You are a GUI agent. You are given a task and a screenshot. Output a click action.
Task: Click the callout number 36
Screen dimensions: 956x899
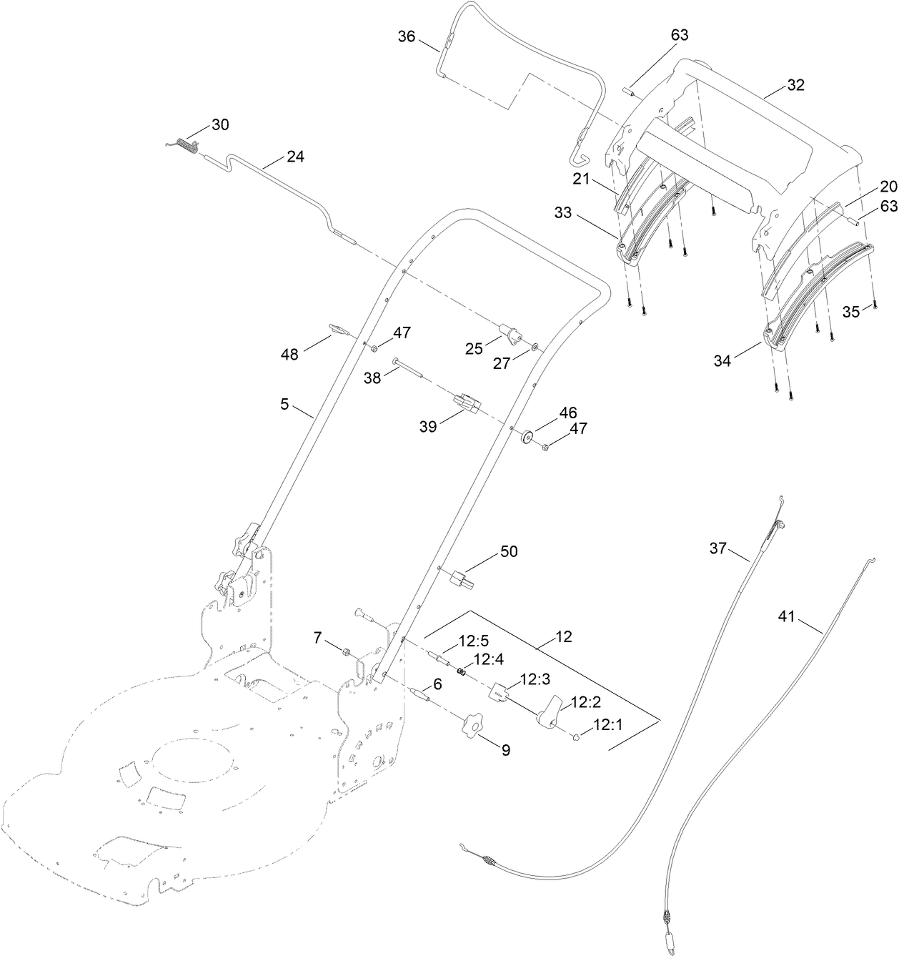pyautogui.click(x=406, y=36)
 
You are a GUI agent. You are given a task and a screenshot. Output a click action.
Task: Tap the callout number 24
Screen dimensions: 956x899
pyautogui.click(x=295, y=157)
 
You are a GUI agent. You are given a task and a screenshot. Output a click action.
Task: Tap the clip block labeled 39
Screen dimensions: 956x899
pyautogui.click(x=467, y=406)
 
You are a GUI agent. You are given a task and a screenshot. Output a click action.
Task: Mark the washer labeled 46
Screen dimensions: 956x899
pyautogui.click(x=529, y=435)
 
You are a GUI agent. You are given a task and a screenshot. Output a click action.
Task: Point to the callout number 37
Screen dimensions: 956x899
pyautogui.click(x=717, y=549)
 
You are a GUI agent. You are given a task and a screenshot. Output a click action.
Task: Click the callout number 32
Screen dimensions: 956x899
pyautogui.click(x=795, y=85)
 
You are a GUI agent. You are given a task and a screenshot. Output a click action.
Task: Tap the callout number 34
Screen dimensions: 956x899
pyautogui.click(x=722, y=361)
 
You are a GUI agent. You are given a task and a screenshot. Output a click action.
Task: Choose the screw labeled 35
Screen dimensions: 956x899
pyautogui.click(x=875, y=306)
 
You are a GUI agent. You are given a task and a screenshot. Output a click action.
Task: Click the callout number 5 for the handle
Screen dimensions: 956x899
pyautogui.click(x=284, y=404)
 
